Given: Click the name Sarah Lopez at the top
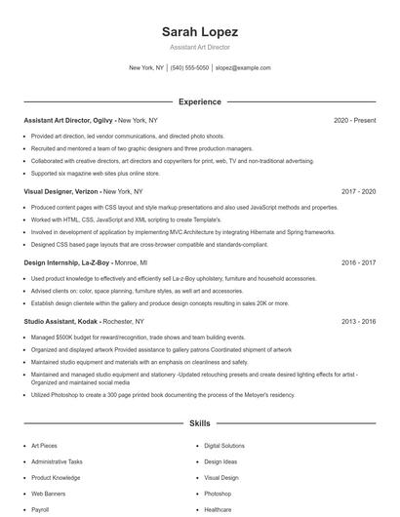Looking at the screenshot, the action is [199, 32].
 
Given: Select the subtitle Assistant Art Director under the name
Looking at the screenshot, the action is [199, 47].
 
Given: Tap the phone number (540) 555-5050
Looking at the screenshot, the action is [189, 68].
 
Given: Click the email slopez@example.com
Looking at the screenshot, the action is [243, 68].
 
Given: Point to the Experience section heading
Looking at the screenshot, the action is [199, 101].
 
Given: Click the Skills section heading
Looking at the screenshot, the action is [199, 424].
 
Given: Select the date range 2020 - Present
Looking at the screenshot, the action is [354, 120].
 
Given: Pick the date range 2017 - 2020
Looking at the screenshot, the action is [358, 192].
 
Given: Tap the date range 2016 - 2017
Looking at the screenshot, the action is [358, 262].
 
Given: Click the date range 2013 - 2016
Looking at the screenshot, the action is [358, 321].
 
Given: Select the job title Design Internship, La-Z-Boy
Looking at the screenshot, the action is [66, 262].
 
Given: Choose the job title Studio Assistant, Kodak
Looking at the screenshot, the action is [60, 321].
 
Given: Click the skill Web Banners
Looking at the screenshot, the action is [49, 494].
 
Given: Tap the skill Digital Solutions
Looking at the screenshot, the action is [224, 446].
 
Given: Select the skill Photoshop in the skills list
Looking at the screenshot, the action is [218, 494].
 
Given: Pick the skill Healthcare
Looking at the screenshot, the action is [218, 509].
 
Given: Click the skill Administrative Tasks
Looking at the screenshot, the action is [57, 461].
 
